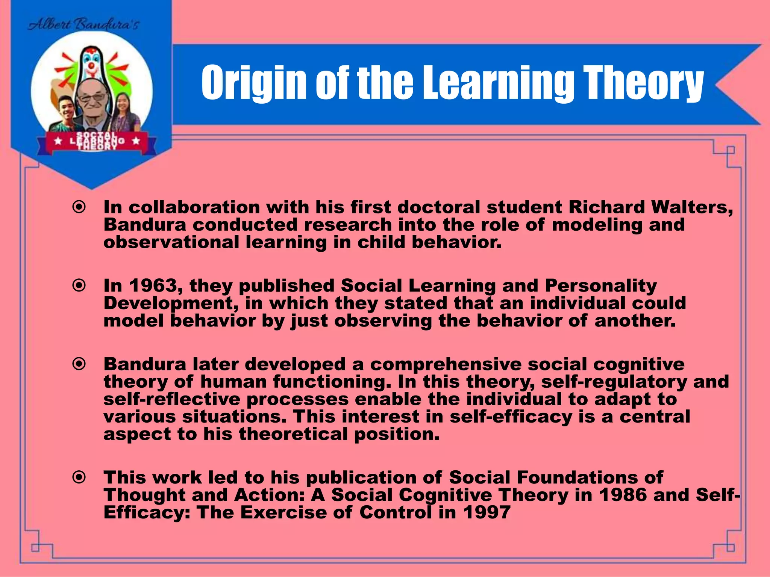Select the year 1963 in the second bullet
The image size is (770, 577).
pos(153,286)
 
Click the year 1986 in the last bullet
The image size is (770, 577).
pos(623,495)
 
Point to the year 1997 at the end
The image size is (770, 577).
pos(487,512)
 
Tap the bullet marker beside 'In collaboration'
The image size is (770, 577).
pos(79,207)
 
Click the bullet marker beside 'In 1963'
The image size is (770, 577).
pos(79,285)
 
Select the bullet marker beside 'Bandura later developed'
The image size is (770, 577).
pos(79,364)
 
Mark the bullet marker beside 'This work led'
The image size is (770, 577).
pos(79,477)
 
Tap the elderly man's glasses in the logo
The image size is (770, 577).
pos(92,97)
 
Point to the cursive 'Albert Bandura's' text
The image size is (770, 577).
pos(84,25)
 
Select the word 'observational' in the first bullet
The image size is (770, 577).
pos(171,242)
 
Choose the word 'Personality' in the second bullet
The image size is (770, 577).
pos(601,286)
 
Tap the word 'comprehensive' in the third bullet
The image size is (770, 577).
pos(446,364)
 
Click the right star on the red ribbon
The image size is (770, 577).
pos(136,141)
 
